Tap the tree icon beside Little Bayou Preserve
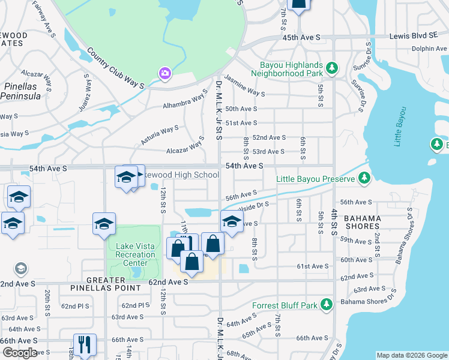[364, 178]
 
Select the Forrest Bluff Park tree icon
[326, 305]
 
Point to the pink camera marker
[164, 73]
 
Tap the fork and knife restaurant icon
[84, 344]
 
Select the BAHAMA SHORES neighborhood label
[362, 221]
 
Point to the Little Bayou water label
[400, 127]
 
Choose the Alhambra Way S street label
[185, 100]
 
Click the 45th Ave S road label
[302, 37]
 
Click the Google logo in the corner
[20, 353]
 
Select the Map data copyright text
[411, 355]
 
